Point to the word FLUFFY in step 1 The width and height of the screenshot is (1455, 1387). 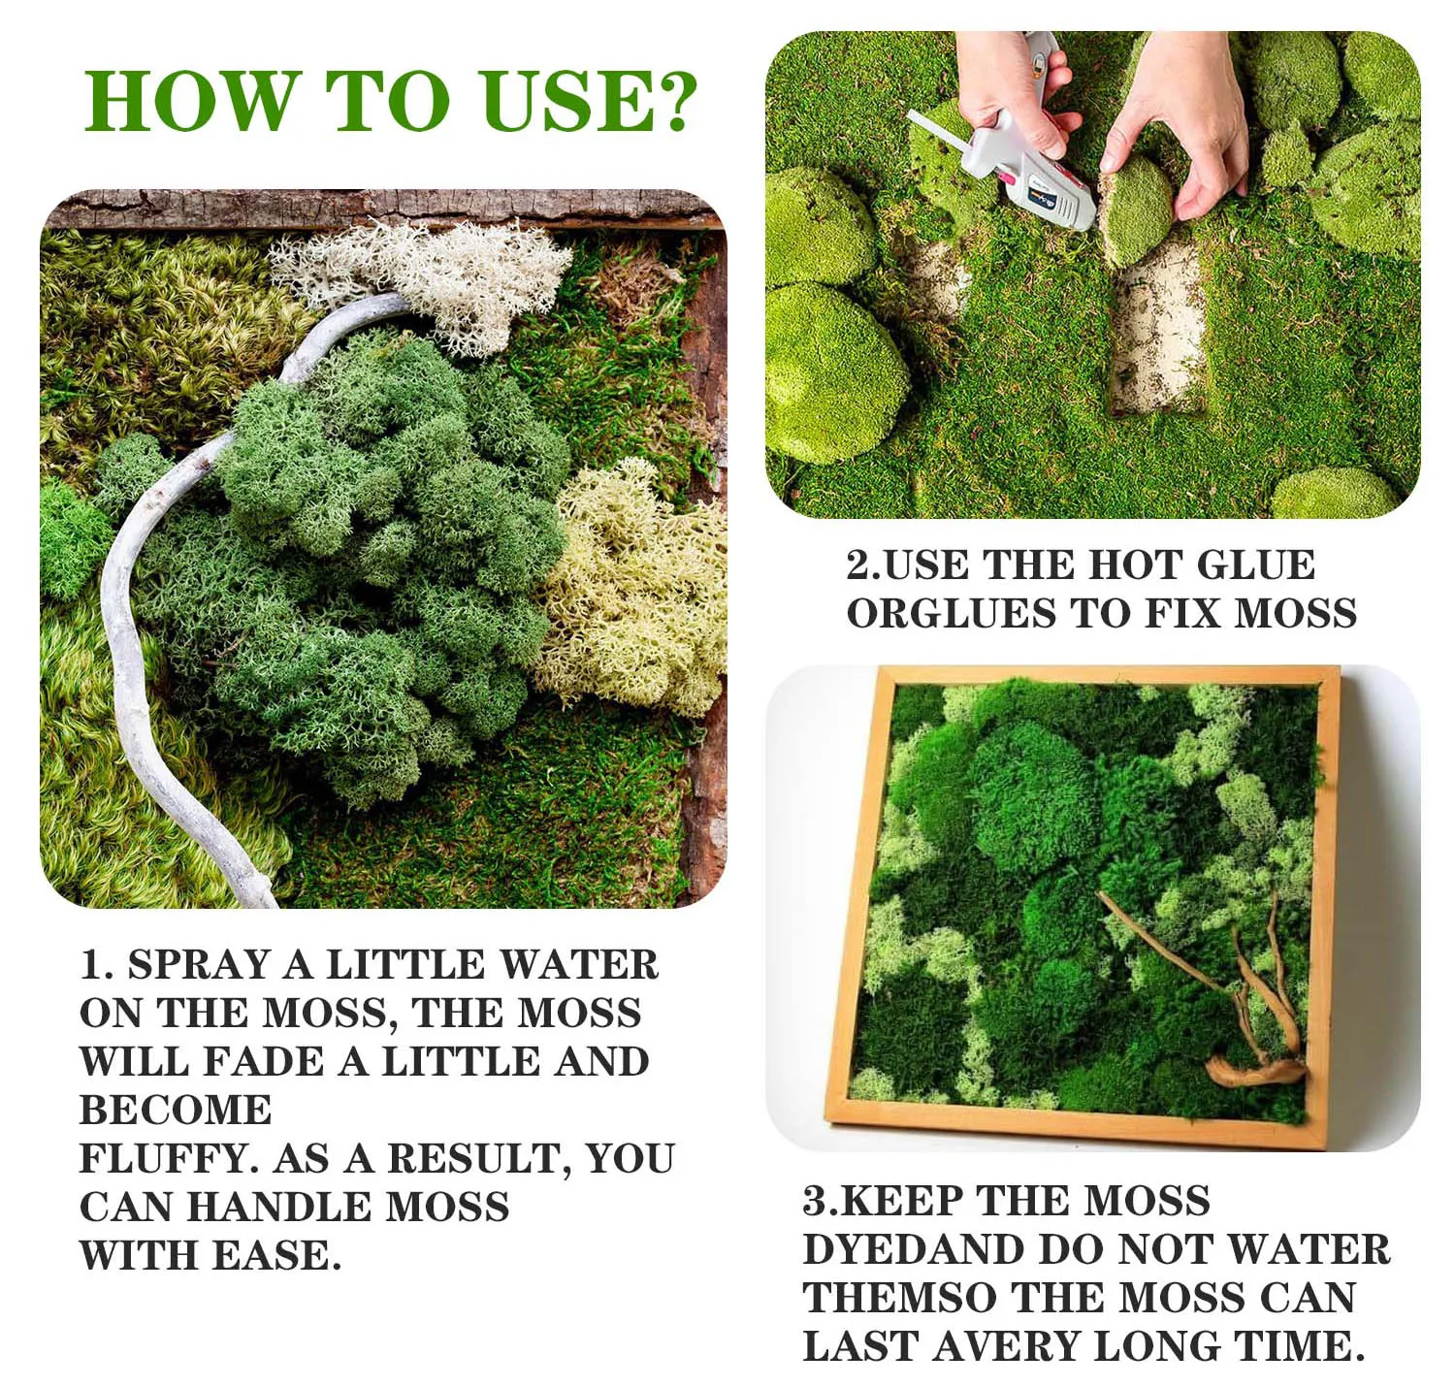pyautogui.click(x=169, y=1159)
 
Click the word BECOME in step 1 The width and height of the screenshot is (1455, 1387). pyautogui.click(x=176, y=1111)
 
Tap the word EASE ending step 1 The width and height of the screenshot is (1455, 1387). pyautogui.click(x=276, y=1256)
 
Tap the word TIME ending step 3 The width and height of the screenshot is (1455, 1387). pyautogui.click(x=1296, y=1345)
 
